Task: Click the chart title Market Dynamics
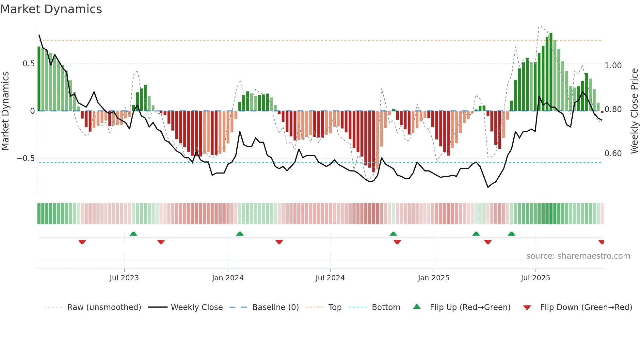click(x=51, y=9)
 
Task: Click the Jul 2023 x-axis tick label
click(x=124, y=278)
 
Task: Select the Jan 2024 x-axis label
click(x=228, y=278)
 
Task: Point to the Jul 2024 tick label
click(x=330, y=278)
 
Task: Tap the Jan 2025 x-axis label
click(x=434, y=278)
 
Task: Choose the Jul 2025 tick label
click(x=536, y=278)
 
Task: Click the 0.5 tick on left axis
click(x=28, y=64)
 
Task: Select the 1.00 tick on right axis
click(x=613, y=66)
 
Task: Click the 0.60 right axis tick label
click(x=613, y=154)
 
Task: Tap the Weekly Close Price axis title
click(x=634, y=111)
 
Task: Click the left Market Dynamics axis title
click(x=5, y=111)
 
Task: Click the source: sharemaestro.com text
click(x=578, y=256)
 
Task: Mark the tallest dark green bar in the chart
click(x=551, y=72)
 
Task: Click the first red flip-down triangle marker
click(x=82, y=242)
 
